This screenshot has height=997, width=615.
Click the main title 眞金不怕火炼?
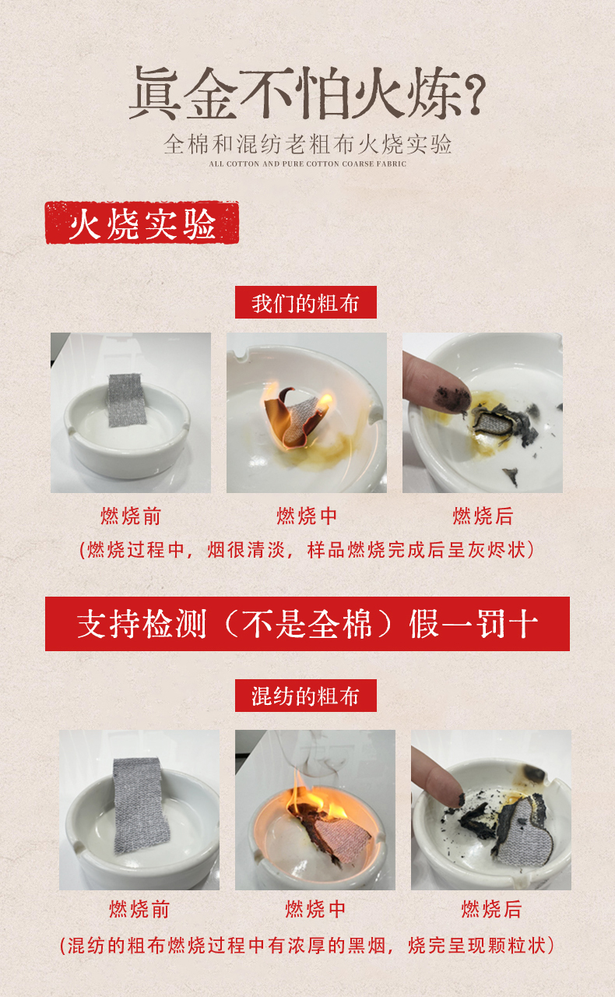coord(307,93)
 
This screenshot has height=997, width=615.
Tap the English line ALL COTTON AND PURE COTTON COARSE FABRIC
coord(307,164)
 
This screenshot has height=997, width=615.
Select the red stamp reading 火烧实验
coord(142,223)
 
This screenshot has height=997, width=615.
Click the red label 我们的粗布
coord(306,302)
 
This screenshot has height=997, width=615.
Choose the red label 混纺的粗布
coord(306,696)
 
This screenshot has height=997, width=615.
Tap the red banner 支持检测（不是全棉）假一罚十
coord(307,624)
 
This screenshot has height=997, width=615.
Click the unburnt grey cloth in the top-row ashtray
coord(127,400)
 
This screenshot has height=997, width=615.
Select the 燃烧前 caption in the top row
coord(130,516)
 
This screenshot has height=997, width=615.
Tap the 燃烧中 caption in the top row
coord(306,516)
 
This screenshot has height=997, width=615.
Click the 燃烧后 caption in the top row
coord(483,516)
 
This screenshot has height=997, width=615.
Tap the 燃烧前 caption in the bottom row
coord(139,909)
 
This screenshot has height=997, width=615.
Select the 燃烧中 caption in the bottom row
coord(315,909)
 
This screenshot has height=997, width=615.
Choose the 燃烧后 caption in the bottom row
coord(491,909)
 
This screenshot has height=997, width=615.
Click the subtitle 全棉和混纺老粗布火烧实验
coord(307,144)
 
